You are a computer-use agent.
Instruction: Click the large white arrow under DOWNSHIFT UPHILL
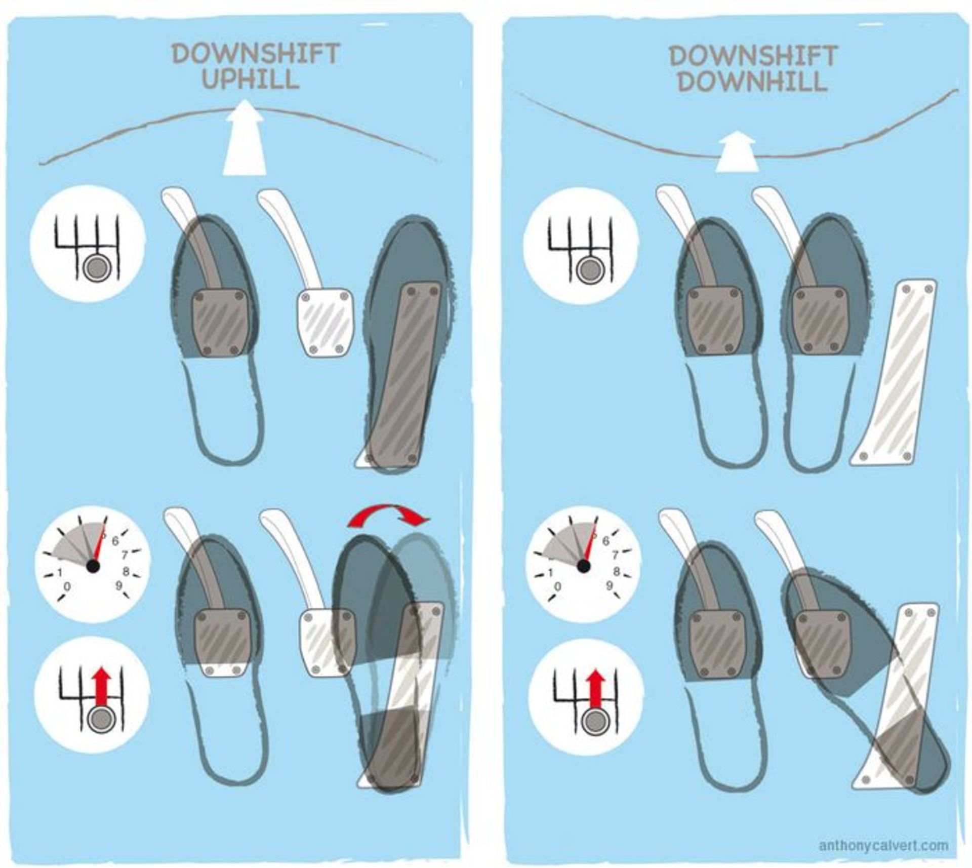click(x=245, y=138)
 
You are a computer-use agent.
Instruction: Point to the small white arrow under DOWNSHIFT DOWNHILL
click(x=737, y=152)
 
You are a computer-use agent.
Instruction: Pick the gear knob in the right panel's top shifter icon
click(x=588, y=269)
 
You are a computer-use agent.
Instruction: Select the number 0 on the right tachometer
click(x=557, y=586)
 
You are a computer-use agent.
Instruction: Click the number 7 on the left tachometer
click(x=125, y=556)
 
